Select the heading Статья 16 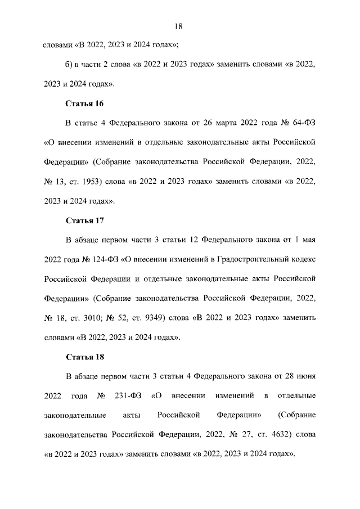(85, 103)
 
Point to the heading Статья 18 (85, 357)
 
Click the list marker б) (70, 65)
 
